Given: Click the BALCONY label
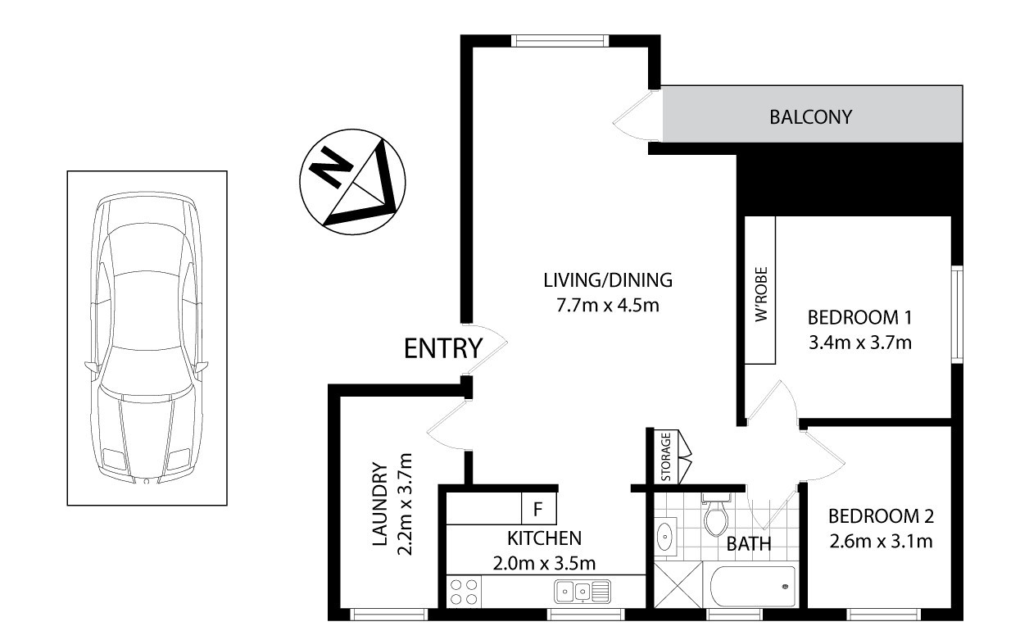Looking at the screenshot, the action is [811, 116].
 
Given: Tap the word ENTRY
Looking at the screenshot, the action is [443, 348].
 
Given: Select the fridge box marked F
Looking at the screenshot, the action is [539, 509].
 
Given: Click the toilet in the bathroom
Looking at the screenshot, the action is [716, 515].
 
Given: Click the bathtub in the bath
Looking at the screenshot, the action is [752, 587].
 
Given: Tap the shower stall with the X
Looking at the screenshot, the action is [678, 585].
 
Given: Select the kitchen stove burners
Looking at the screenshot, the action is [464, 592].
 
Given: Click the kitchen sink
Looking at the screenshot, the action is [582, 592].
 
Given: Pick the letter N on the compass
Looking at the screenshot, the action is [330, 168].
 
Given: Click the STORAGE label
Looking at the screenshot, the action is [666, 456].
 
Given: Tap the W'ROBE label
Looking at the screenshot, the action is [761, 294].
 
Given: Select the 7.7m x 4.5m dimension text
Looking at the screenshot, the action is [608, 305].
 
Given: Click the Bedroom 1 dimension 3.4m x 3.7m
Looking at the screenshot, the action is [860, 343].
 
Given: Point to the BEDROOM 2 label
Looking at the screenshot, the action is [881, 516].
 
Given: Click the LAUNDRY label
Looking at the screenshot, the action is [380, 504].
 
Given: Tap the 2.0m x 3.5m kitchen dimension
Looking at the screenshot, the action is [544, 563].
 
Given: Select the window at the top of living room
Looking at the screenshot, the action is [560, 40].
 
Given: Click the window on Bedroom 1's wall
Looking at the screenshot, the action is [957, 314].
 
